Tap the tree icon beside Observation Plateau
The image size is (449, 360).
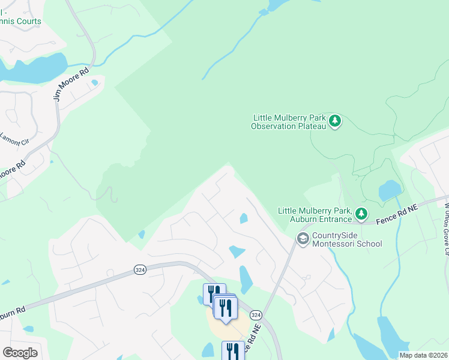coord(336,122)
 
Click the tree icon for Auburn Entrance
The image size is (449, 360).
coord(361,213)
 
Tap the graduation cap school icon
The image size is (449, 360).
coord(303,239)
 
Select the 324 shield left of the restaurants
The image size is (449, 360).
coord(140,270)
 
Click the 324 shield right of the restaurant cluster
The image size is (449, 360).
coord(256,315)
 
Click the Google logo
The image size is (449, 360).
coord(20,353)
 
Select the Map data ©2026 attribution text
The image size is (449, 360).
coord(423,355)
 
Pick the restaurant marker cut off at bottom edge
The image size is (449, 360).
coord(233,351)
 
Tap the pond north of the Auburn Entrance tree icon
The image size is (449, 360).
coord(390,191)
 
